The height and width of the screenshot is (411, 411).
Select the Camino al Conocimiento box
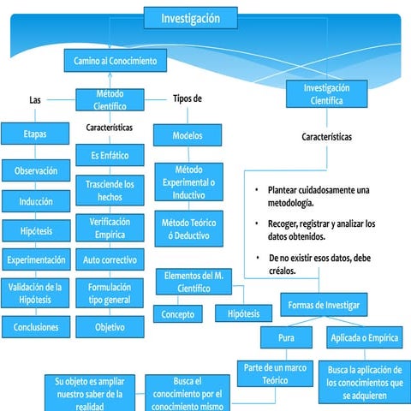point(115,62)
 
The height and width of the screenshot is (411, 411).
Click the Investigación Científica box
point(326,94)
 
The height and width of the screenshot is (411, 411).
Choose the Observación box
point(36,171)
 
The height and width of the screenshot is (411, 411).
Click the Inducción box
point(36,202)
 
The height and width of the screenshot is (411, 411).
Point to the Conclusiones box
point(36,326)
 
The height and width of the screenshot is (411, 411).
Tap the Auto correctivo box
point(110,259)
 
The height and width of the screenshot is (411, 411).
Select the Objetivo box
point(110,326)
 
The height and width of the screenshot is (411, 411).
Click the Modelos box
point(188,135)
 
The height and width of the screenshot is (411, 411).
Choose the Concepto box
point(177,314)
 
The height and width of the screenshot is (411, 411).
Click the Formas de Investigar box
point(324,306)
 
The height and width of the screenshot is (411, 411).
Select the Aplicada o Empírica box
point(364,338)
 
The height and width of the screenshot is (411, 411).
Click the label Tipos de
point(188,98)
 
